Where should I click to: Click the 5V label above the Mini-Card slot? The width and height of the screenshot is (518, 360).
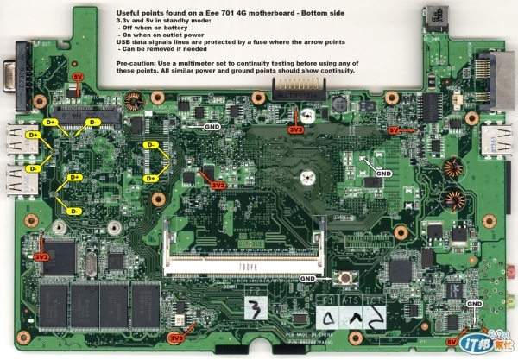78,77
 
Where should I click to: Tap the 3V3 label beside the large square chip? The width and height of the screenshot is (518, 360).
41,256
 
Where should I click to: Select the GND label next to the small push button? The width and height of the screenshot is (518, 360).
308,278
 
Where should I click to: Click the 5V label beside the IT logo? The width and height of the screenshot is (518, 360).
452,343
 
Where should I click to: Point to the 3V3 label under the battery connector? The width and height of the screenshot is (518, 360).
295,130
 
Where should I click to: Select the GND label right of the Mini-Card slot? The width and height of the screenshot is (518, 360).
212,125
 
